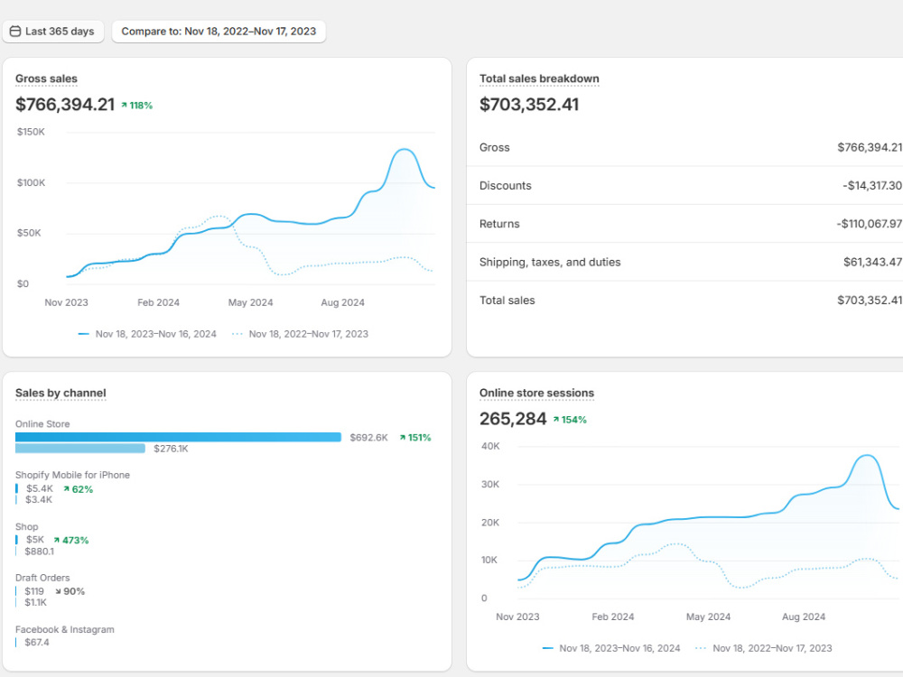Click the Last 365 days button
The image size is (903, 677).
[x=53, y=32]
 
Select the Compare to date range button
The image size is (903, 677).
[x=219, y=32]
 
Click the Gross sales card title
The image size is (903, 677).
[x=46, y=79]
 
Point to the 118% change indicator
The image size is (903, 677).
[x=136, y=106]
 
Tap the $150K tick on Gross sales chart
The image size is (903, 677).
[x=31, y=132]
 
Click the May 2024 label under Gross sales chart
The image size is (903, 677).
[x=250, y=302]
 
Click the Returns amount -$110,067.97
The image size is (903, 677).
[x=869, y=223]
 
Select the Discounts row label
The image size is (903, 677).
[x=506, y=185]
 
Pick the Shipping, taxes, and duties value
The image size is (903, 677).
[x=872, y=262]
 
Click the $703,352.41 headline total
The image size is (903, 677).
[x=529, y=104]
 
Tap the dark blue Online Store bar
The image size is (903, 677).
[x=178, y=437]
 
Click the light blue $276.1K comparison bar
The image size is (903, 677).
[x=80, y=449]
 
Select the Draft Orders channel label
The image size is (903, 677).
[x=42, y=578]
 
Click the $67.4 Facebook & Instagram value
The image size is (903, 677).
[x=37, y=643]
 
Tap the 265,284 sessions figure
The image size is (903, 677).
[x=513, y=419]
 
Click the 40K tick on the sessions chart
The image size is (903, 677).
[x=490, y=446]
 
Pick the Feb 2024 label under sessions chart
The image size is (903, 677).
[x=613, y=617]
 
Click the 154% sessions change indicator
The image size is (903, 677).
[x=570, y=420]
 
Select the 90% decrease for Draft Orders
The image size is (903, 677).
[x=70, y=591]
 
